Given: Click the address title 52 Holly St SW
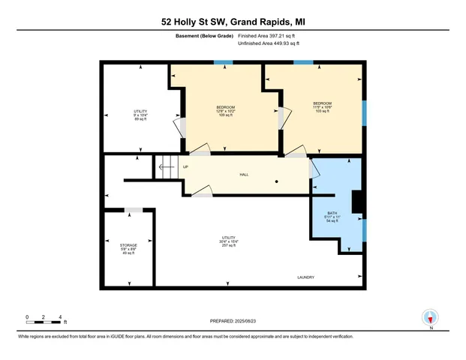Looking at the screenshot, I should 233,22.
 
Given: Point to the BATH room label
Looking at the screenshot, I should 332,217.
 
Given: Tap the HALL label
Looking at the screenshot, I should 244,175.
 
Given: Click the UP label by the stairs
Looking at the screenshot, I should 185,166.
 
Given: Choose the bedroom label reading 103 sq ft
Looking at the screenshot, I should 323,106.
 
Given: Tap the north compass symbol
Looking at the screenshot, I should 430,318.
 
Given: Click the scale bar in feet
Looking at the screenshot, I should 44,322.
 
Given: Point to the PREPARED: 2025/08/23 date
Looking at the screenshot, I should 233,320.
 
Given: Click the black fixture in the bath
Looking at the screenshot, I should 358,201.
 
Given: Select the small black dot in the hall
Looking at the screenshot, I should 276,181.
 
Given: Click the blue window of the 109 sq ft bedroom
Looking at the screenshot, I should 223,61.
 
